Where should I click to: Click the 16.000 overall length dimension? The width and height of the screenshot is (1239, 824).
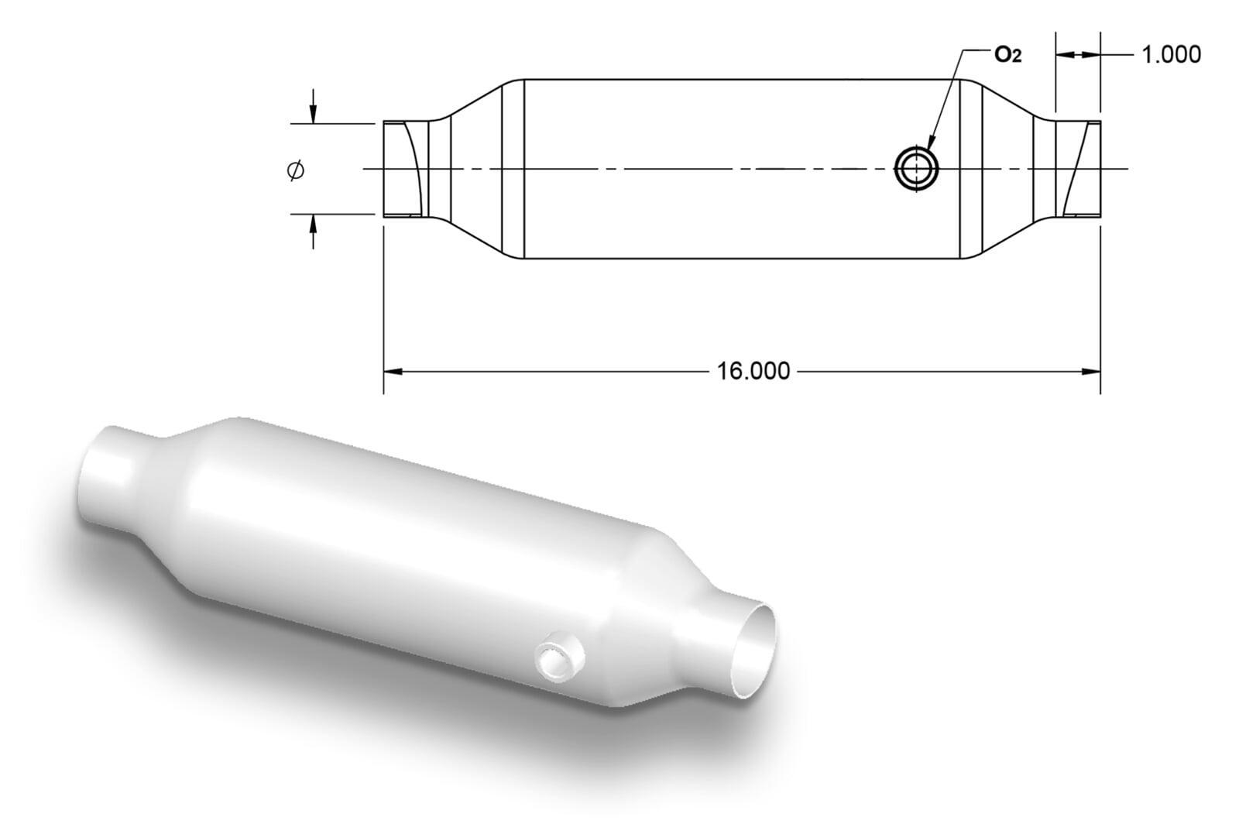click(753, 371)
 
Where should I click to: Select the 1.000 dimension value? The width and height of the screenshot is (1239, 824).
click(1172, 55)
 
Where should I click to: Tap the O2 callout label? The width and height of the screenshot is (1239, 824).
click(1007, 54)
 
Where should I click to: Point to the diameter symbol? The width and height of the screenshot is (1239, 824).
click(296, 170)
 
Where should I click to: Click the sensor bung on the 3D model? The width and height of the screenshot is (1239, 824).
click(560, 656)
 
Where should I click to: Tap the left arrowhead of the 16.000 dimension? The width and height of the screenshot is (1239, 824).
click(393, 372)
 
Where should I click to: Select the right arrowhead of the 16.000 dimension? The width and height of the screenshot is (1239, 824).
click(1091, 372)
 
